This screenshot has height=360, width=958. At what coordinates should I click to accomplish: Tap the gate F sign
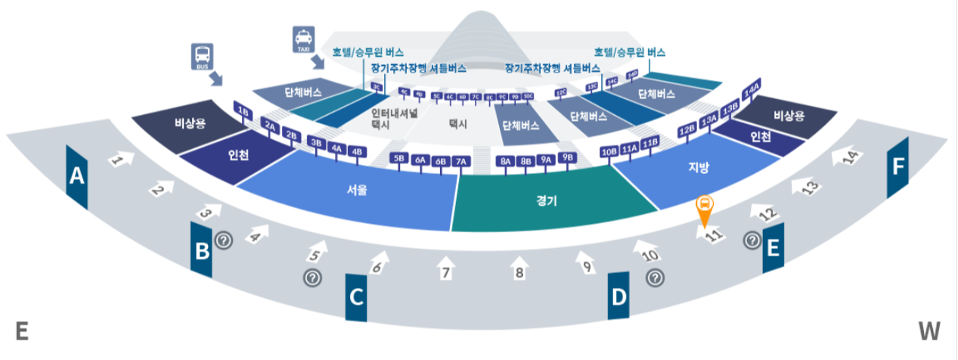(898, 167)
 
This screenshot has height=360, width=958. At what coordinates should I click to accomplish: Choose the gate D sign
(619, 296)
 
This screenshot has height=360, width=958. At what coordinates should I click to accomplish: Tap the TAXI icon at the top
(302, 39)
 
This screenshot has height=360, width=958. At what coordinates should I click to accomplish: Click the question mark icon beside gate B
(224, 241)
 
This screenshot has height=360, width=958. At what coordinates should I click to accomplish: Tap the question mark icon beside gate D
(655, 278)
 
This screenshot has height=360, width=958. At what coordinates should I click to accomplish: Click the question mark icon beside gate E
(752, 241)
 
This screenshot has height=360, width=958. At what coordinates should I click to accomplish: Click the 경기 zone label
(546, 200)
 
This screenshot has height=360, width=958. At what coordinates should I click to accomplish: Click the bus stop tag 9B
(568, 157)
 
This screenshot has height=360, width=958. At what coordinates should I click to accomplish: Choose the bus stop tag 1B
(243, 111)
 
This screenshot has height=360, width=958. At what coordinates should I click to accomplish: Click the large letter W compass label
(929, 331)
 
